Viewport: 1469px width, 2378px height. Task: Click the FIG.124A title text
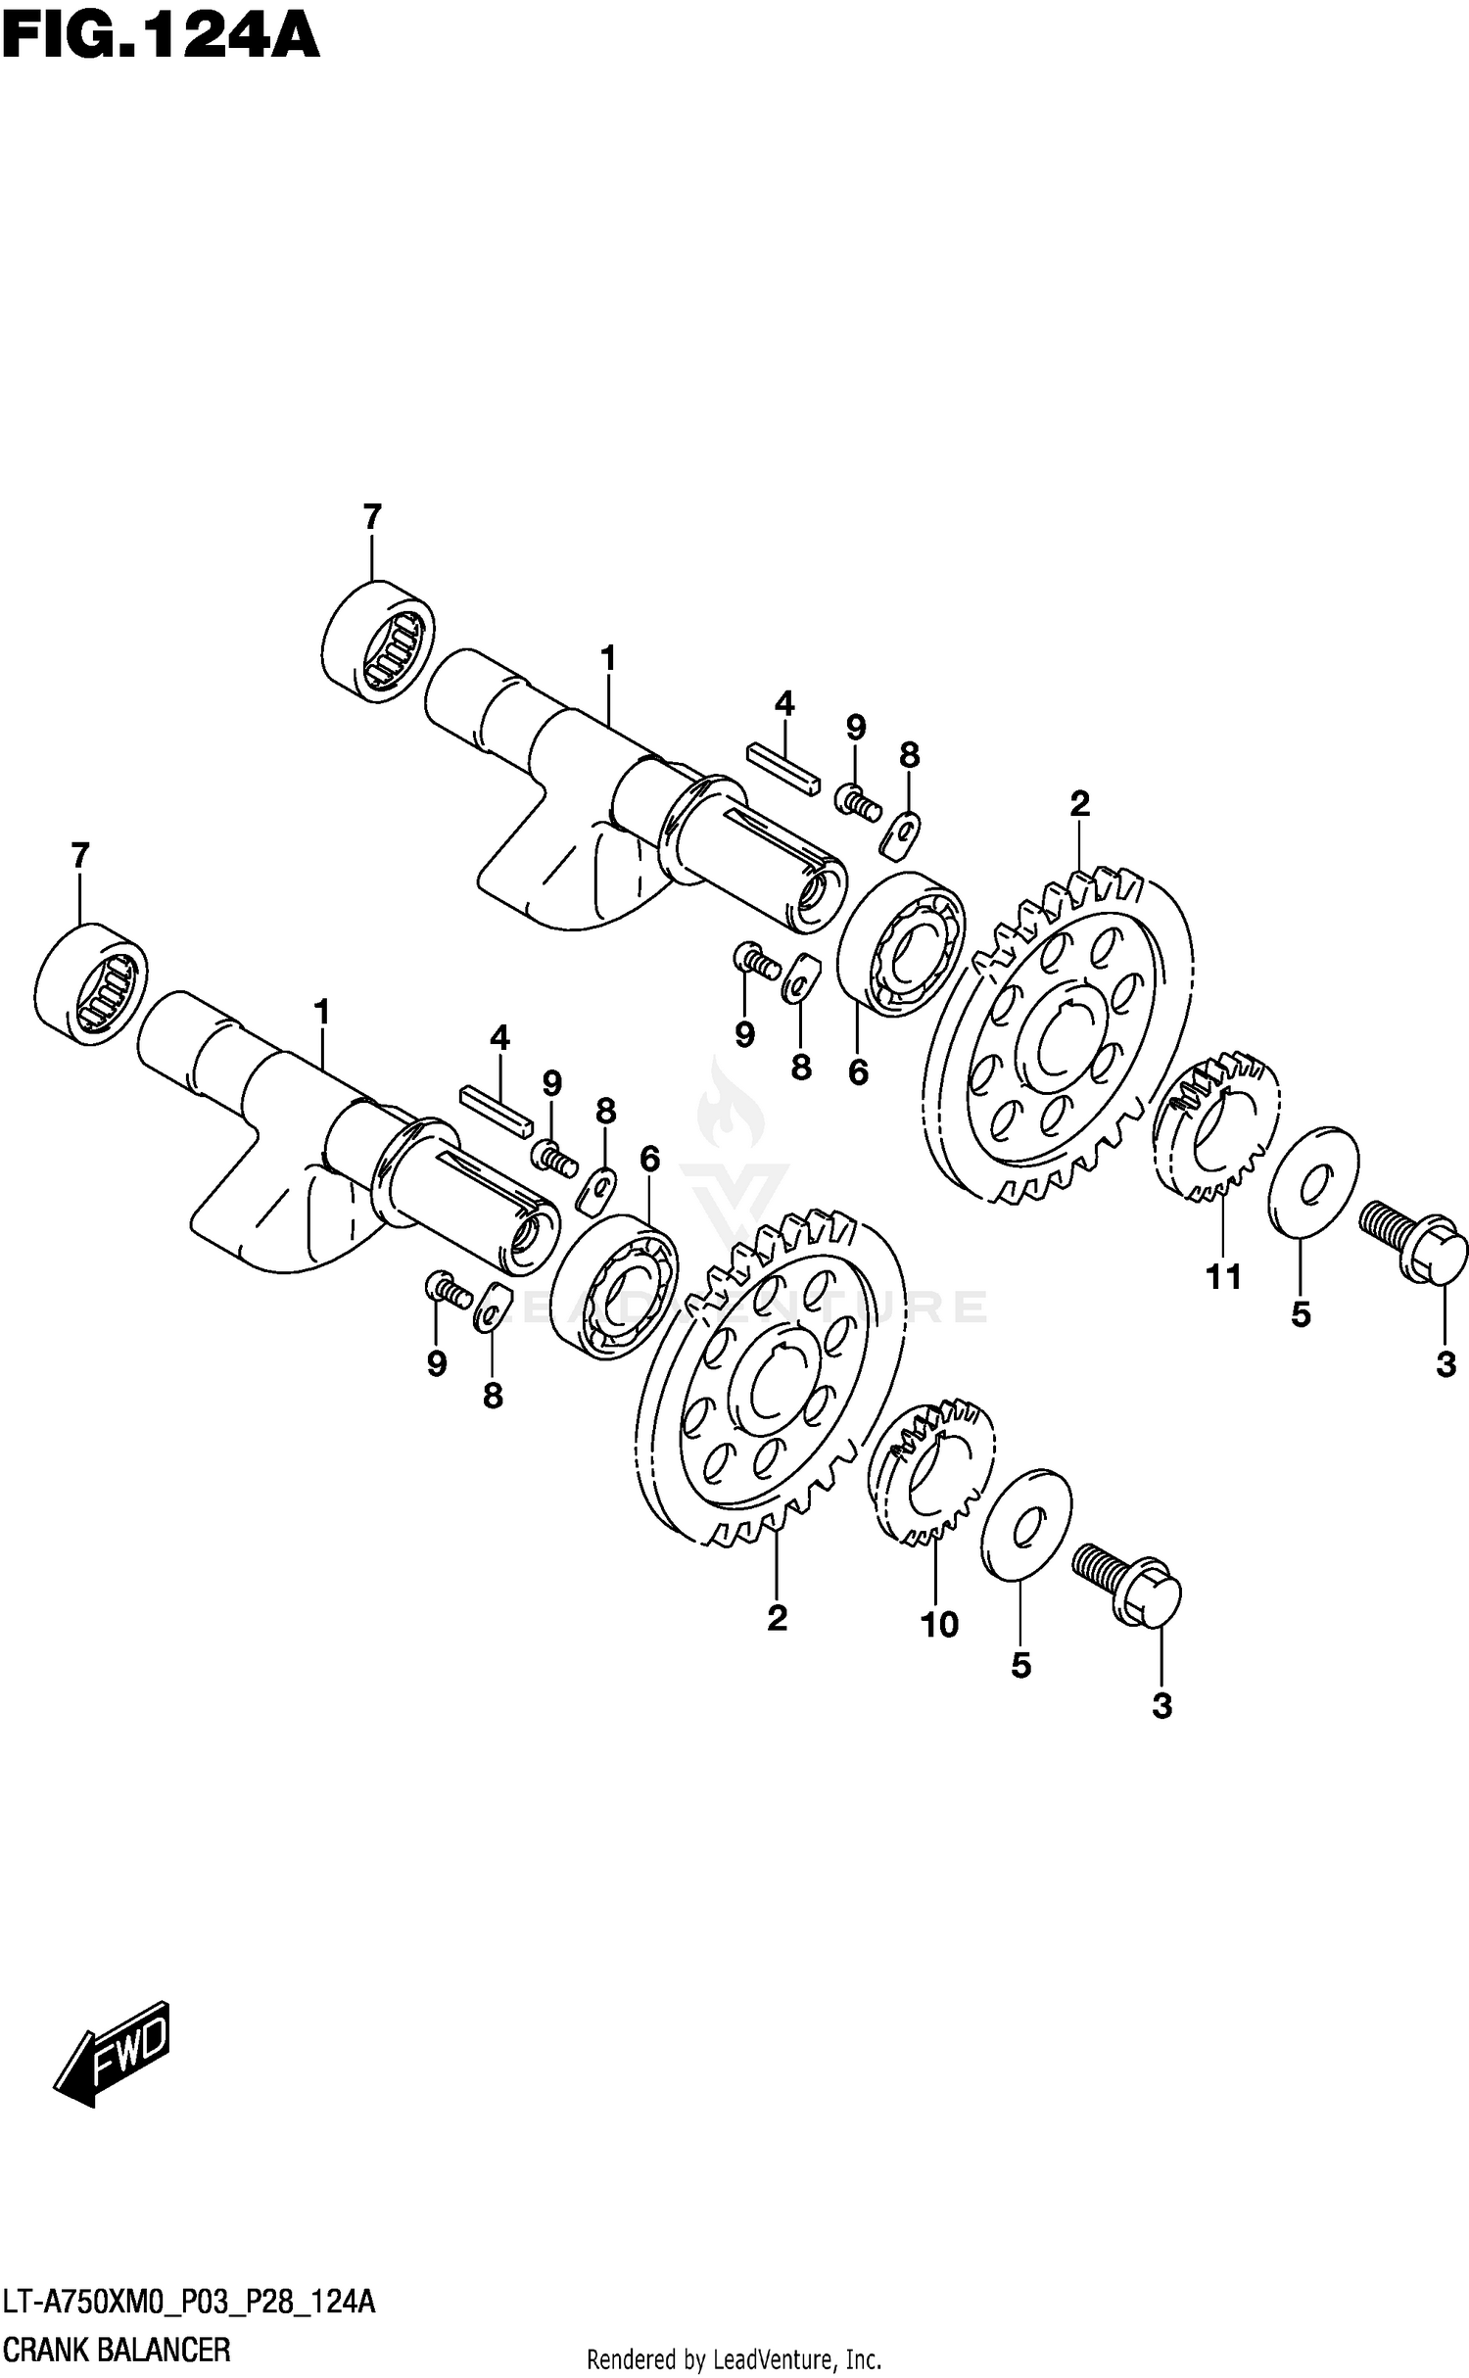tap(161, 39)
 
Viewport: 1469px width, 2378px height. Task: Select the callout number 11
tap(1224, 1276)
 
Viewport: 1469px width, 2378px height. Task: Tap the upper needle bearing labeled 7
tap(379, 641)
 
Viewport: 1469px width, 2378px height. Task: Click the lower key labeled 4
tap(496, 1107)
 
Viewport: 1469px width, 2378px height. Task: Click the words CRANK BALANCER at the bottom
tap(118, 2349)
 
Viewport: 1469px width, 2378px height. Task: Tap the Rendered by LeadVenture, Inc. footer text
tap(734, 2359)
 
